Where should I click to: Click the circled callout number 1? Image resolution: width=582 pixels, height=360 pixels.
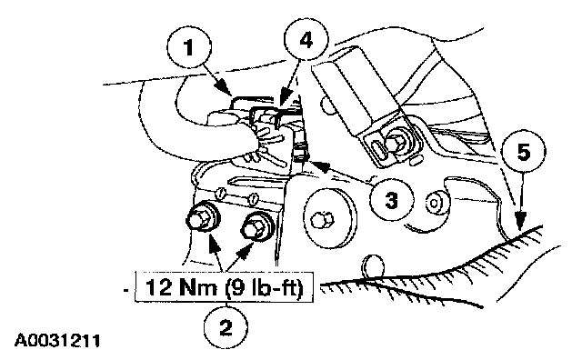(x=189, y=46)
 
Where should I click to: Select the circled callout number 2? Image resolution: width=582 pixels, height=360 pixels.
(x=226, y=327)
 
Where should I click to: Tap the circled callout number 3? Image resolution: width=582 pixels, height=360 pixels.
(x=392, y=200)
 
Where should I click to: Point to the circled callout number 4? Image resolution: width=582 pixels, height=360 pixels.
(x=306, y=40)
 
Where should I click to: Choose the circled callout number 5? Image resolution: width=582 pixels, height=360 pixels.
(x=524, y=152)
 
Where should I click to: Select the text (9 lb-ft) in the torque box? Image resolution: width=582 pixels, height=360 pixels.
(x=265, y=287)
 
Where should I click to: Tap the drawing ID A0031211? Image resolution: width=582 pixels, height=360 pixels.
(x=57, y=340)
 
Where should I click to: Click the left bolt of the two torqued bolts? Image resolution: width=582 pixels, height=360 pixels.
(x=202, y=217)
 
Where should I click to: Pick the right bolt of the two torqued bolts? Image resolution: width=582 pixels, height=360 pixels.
(x=256, y=227)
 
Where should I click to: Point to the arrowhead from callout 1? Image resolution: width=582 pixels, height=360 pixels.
(x=225, y=90)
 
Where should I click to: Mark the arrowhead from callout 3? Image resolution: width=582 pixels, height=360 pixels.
(x=319, y=166)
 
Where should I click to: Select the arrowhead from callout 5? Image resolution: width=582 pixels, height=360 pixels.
(x=521, y=219)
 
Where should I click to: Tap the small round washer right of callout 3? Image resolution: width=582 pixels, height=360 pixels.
(x=434, y=203)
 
